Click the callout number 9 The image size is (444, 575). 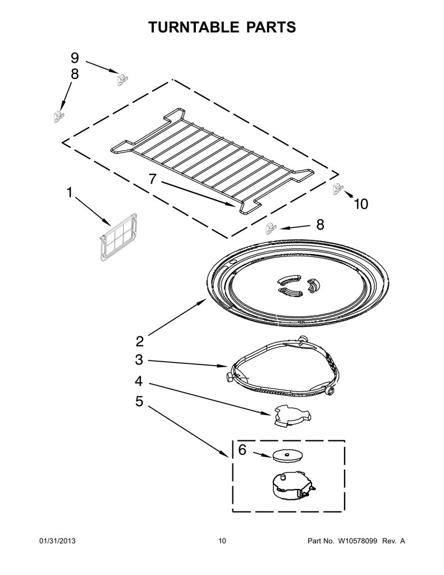75,58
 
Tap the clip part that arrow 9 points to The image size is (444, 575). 122,79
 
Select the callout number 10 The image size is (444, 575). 361,204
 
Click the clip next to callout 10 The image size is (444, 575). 338,189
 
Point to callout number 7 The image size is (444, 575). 153,179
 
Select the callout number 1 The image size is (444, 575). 69,192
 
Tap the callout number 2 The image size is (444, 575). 139,341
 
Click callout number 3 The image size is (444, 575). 139,360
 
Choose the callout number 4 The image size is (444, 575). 139,381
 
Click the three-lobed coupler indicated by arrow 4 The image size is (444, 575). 291,416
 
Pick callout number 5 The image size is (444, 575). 139,401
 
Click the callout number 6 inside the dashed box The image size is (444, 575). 242,450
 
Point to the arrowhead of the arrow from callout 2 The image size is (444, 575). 206,299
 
